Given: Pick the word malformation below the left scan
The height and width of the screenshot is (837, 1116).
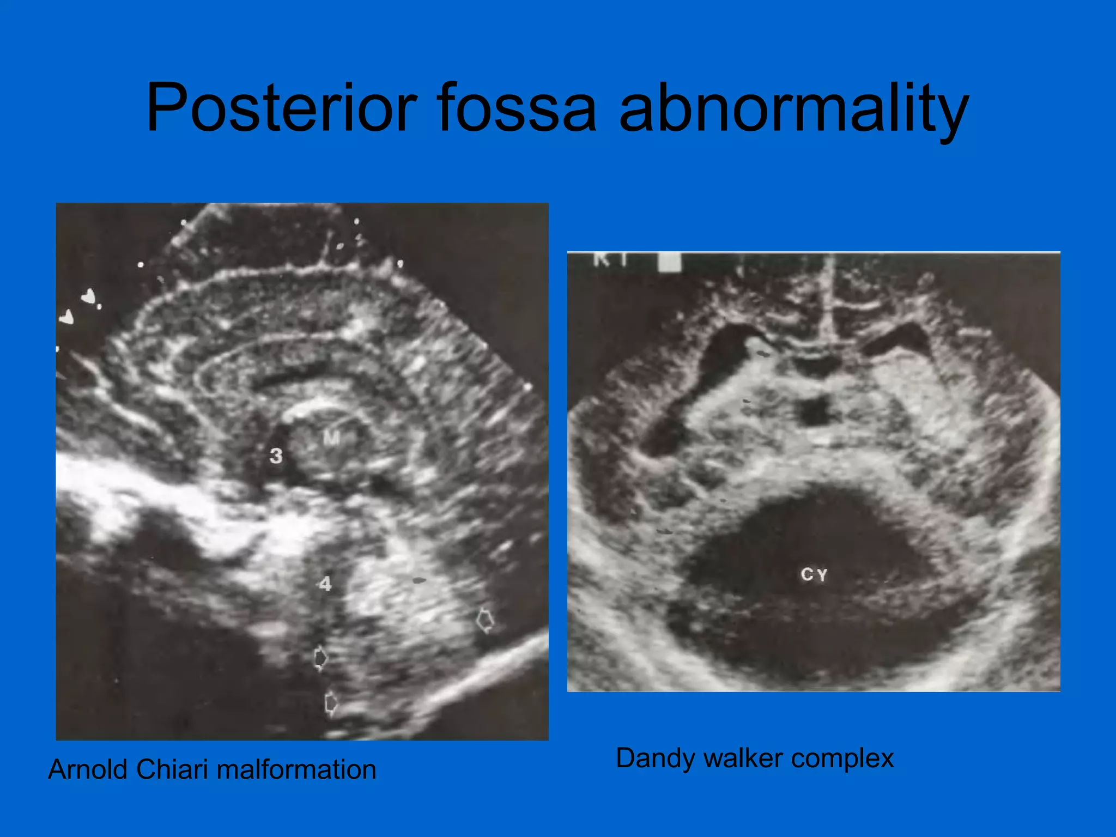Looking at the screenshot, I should coord(296,770).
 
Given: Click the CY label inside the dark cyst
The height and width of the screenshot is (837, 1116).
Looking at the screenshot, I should coord(814,574).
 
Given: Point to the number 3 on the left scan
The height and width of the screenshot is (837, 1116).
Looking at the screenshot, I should coord(276,456).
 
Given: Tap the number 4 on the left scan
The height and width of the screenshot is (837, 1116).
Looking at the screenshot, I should coord(325,584).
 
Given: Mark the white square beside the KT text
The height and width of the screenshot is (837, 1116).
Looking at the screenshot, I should coord(669,262).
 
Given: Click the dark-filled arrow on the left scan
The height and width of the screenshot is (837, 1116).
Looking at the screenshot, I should coord(321,658).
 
